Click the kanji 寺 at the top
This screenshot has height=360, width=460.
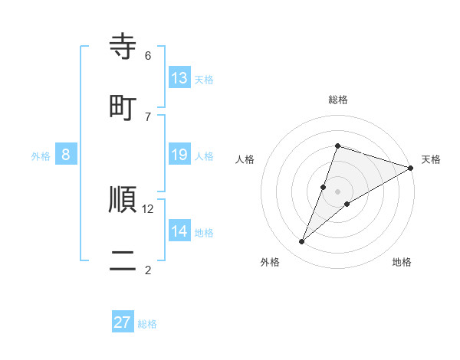click(x=123, y=47)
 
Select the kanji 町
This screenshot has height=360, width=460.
click(x=123, y=106)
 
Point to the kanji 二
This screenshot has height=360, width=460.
click(x=123, y=259)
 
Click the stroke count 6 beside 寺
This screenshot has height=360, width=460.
click(x=148, y=56)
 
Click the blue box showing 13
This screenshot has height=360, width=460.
click(x=179, y=78)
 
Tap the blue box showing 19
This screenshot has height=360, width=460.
click(x=179, y=155)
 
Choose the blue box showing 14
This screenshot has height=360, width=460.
click(x=179, y=231)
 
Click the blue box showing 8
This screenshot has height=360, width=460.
click(x=66, y=155)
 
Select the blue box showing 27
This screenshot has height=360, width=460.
click(x=123, y=322)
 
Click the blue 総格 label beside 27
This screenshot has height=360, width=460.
click(x=148, y=324)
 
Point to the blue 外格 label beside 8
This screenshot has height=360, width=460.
click(x=41, y=156)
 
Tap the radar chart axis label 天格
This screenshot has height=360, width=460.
click(x=431, y=159)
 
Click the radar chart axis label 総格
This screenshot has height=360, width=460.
click(x=338, y=100)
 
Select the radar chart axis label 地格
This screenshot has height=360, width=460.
click(x=402, y=262)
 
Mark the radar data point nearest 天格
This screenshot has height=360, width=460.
click(x=411, y=168)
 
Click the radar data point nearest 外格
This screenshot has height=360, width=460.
click(x=302, y=242)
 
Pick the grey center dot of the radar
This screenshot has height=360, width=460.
click(x=338, y=191)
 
